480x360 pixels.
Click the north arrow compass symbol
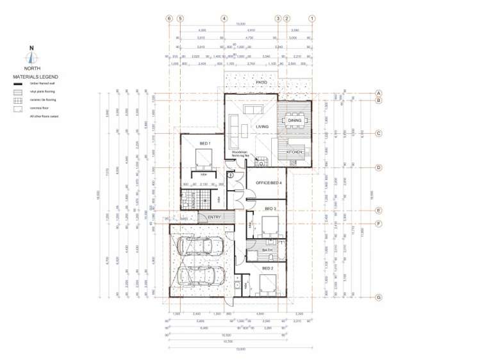(x=31, y=56)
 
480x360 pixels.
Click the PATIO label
(x=261, y=83)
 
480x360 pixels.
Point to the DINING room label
(x=295, y=120)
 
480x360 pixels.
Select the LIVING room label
(x=262, y=127)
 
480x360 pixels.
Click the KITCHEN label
(x=294, y=152)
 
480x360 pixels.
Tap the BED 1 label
(x=204, y=143)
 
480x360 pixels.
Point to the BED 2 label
(x=267, y=268)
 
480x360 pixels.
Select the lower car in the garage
(x=199, y=275)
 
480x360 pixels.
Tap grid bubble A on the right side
(x=379, y=93)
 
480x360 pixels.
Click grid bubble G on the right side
(x=379, y=297)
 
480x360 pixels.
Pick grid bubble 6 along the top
(x=169, y=19)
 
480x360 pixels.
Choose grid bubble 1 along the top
(x=312, y=19)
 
